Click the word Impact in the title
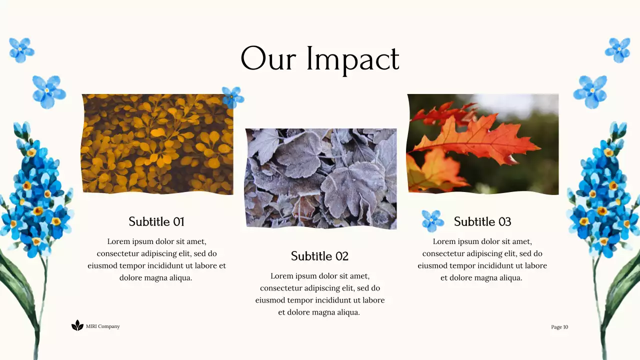point(352,59)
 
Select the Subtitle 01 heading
point(156,221)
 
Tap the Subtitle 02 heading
point(319,256)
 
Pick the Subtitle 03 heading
point(482,221)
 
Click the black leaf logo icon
point(77,326)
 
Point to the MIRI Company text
point(103,326)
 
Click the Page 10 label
point(559,327)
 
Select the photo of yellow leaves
point(157,144)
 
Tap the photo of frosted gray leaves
point(320,178)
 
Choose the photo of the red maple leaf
point(482,143)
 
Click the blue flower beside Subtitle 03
point(432,221)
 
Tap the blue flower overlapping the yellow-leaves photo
point(232,96)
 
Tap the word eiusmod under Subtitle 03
point(433,266)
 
